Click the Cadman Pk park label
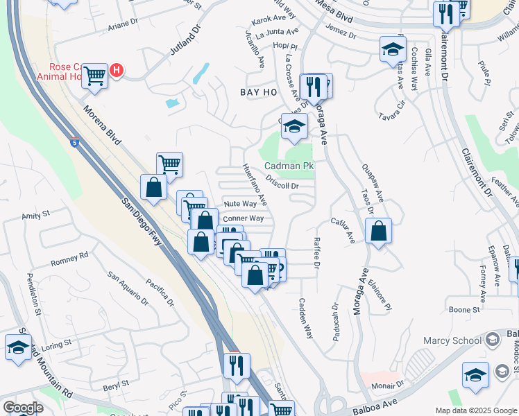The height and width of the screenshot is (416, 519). [289, 166]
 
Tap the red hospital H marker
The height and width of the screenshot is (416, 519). [117, 71]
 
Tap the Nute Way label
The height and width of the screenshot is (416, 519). [240, 204]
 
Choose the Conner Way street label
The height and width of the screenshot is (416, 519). [243, 218]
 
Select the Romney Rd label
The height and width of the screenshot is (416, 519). [70, 259]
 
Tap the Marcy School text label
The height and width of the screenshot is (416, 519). [452, 340]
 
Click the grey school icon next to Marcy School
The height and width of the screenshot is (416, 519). [492, 340]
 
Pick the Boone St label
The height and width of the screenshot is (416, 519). [464, 310]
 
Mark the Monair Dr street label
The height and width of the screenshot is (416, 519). [387, 385]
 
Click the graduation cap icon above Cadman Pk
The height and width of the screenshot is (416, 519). [294, 127]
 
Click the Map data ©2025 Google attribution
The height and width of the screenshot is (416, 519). [475, 410]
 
